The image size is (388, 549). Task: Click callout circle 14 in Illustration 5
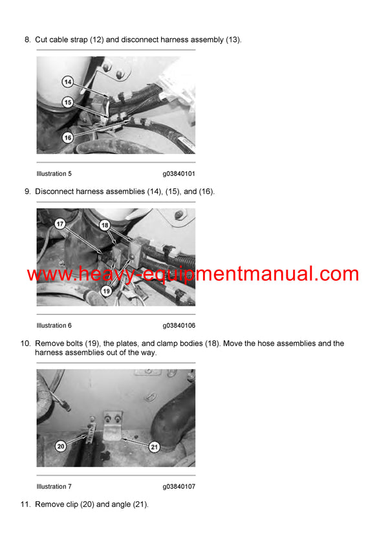point(68,82)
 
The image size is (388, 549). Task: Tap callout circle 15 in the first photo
point(68,102)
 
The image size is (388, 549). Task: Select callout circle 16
point(68,137)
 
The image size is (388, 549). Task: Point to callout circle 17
point(59,224)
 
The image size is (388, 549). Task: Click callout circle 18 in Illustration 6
point(105,224)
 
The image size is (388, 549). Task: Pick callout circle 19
point(107,291)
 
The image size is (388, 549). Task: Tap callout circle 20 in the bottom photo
point(60,446)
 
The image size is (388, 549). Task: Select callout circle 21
point(155,446)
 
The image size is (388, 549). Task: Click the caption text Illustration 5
point(54,173)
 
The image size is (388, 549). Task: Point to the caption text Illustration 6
point(54,325)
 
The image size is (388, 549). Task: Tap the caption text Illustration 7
point(54,486)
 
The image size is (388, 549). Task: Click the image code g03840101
point(178,173)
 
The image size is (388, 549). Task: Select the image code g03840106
point(178,325)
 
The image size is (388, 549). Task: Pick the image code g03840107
point(178,486)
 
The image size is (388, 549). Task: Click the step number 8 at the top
point(27,39)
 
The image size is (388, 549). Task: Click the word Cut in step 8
point(41,39)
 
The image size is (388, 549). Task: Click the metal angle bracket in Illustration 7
point(113,427)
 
